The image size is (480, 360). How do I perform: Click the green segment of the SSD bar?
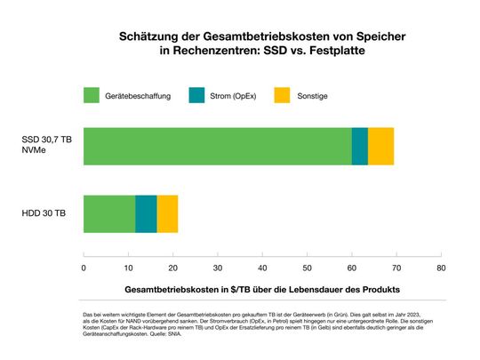coord(217,146)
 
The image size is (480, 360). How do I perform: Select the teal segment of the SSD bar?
coord(360,146)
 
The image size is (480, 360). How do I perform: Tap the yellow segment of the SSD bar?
coord(380,146)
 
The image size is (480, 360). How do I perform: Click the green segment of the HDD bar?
coord(109,213)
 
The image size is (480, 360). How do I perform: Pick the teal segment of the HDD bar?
coord(146,213)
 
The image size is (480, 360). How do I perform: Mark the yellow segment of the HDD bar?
coord(167,213)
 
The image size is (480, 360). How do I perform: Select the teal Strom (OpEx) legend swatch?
coord(197,94)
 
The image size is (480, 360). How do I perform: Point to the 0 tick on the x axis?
coord(84,267)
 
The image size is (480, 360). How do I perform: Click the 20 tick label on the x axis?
coord(173,267)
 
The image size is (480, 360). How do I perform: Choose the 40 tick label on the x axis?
coord(262,267)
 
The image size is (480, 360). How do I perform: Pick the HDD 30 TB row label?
coord(44,213)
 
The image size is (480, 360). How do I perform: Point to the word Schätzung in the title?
coord(146,37)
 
